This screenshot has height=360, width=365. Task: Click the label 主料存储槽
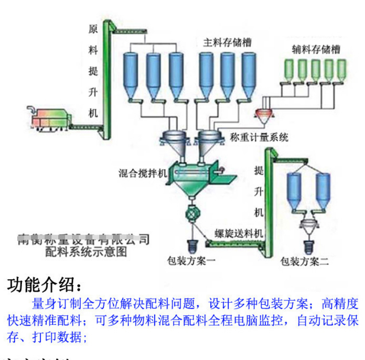[227, 43]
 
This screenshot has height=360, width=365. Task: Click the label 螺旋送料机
[239, 233]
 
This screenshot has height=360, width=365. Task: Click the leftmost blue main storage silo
[131, 73]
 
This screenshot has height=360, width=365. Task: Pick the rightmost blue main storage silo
[248, 73]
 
